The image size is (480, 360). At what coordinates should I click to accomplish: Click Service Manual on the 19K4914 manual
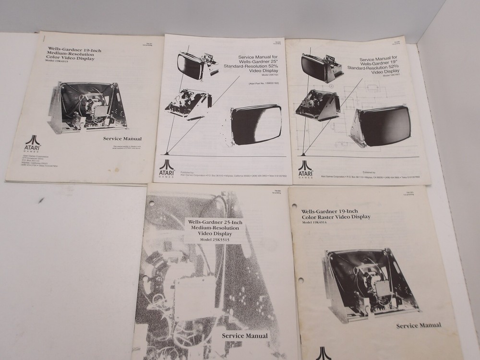pos(419,325)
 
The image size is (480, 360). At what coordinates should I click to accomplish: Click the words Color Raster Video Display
pos(336,217)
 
